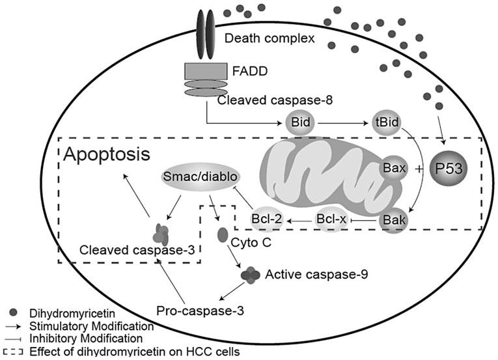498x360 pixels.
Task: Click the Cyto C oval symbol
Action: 223,233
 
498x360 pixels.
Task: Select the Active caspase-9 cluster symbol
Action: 249,276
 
